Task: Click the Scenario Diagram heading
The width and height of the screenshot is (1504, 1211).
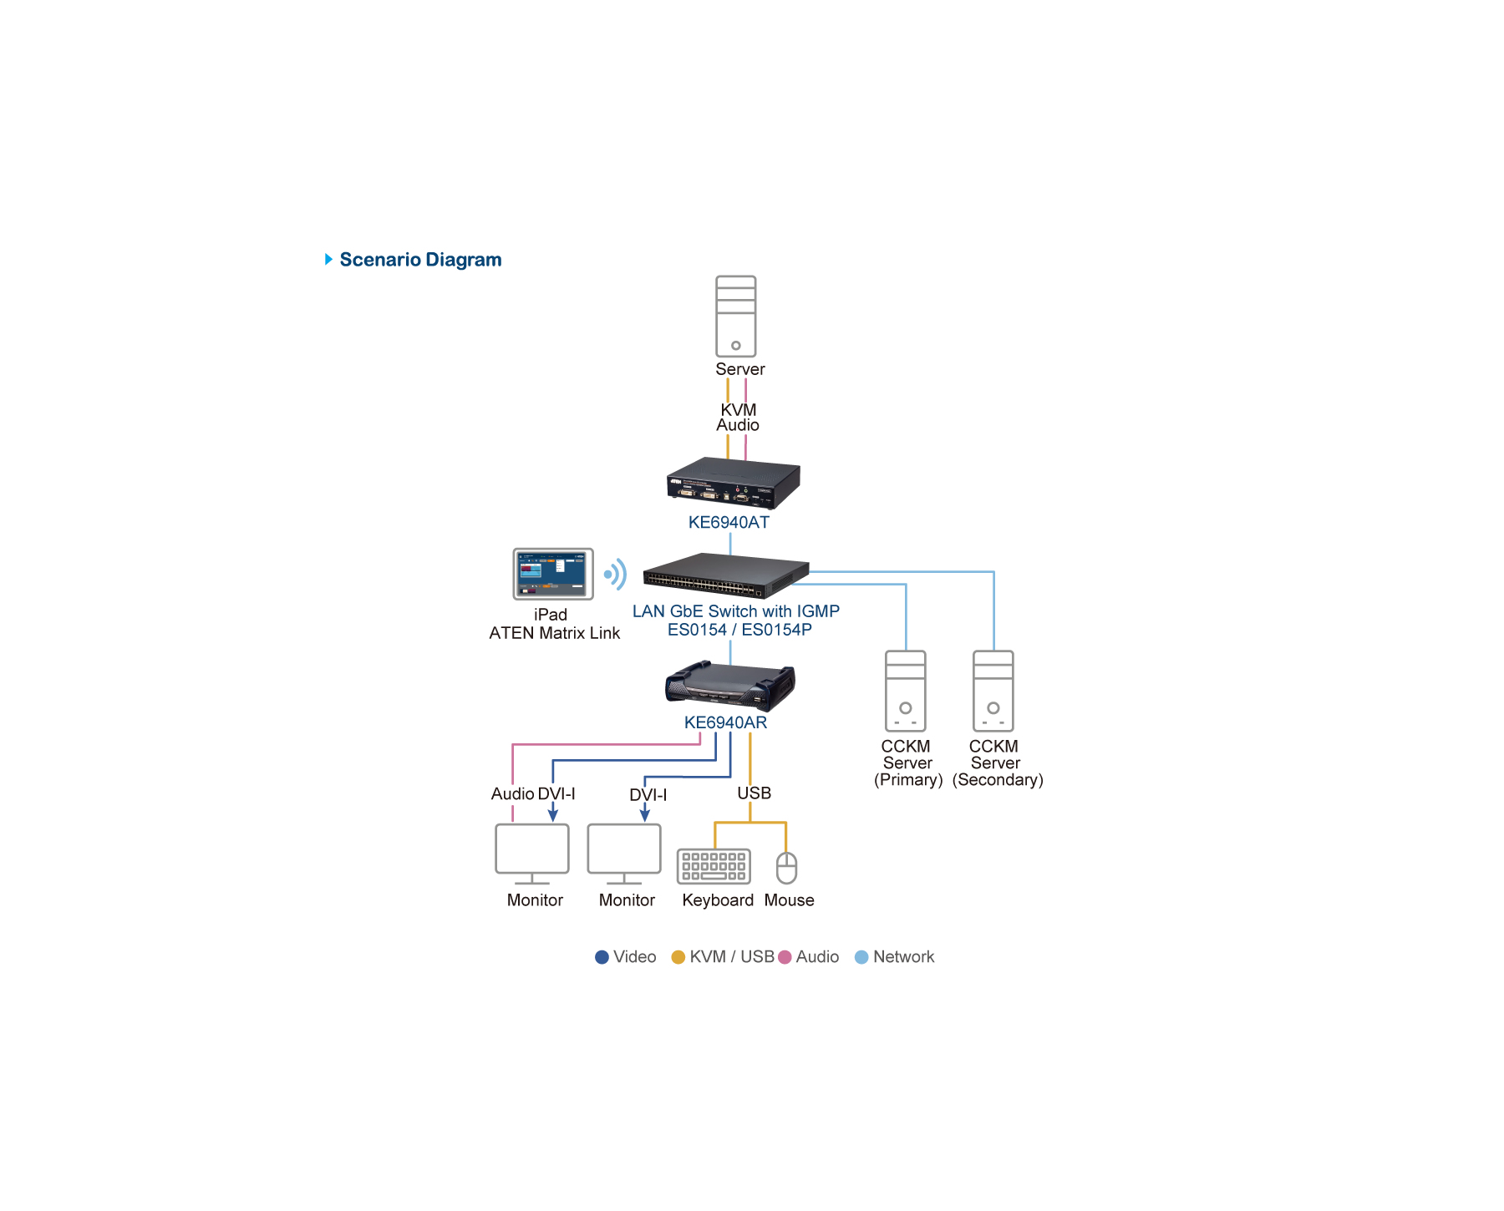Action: pyautogui.click(x=419, y=260)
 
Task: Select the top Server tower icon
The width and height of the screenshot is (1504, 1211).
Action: pyautogui.click(x=735, y=317)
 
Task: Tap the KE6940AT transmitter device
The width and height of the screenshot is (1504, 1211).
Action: pyautogui.click(x=733, y=483)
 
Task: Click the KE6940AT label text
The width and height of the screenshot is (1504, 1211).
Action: pyautogui.click(x=729, y=523)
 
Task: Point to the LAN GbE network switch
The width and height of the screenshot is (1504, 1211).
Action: pyautogui.click(x=725, y=575)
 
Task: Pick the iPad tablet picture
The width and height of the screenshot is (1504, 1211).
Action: pyautogui.click(x=553, y=574)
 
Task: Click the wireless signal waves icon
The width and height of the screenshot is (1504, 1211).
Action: pyautogui.click(x=616, y=574)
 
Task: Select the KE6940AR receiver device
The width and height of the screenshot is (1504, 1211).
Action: pyautogui.click(x=729, y=686)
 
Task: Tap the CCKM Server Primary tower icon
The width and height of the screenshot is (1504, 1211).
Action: pyautogui.click(x=905, y=691)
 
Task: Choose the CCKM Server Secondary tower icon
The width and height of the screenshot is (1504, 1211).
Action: pyautogui.click(x=993, y=691)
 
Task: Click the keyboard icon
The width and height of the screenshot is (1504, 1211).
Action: pyautogui.click(x=714, y=866)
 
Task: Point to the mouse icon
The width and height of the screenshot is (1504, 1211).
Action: pyautogui.click(x=786, y=868)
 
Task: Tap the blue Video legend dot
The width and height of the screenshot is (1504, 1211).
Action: pyautogui.click(x=602, y=957)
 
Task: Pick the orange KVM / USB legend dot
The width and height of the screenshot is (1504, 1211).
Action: pyautogui.click(x=678, y=957)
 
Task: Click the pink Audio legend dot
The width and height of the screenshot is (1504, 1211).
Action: pyautogui.click(x=785, y=957)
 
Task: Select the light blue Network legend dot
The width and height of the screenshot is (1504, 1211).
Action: pyautogui.click(x=861, y=957)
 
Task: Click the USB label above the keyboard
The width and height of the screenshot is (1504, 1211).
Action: pyautogui.click(x=754, y=793)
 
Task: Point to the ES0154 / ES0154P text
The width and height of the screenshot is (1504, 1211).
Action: pyautogui.click(x=739, y=630)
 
